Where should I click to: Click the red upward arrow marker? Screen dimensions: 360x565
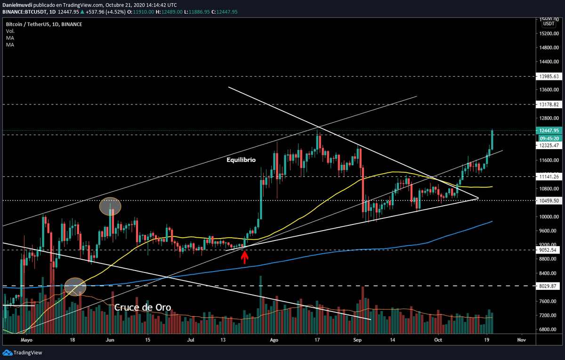click(x=244, y=257)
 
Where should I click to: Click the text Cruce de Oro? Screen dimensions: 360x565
click(x=142, y=307)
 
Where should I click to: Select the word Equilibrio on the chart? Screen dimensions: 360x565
click(x=241, y=160)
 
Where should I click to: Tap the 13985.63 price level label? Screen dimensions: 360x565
click(x=549, y=76)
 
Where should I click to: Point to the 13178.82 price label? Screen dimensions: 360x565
click(x=549, y=104)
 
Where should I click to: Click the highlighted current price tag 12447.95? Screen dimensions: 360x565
click(x=549, y=131)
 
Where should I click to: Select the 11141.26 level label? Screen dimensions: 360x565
click(x=549, y=176)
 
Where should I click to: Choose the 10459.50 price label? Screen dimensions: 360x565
click(x=549, y=200)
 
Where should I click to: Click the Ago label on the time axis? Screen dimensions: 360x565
click(x=274, y=339)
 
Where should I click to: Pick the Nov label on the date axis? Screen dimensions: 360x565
click(x=521, y=339)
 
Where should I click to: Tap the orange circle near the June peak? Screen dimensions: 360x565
click(x=110, y=206)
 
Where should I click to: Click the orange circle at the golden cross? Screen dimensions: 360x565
click(x=75, y=287)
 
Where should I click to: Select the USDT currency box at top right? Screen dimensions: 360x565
click(x=549, y=23)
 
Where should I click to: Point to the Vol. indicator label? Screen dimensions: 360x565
click(x=10, y=31)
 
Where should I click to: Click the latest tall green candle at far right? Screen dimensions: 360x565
click(x=492, y=139)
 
